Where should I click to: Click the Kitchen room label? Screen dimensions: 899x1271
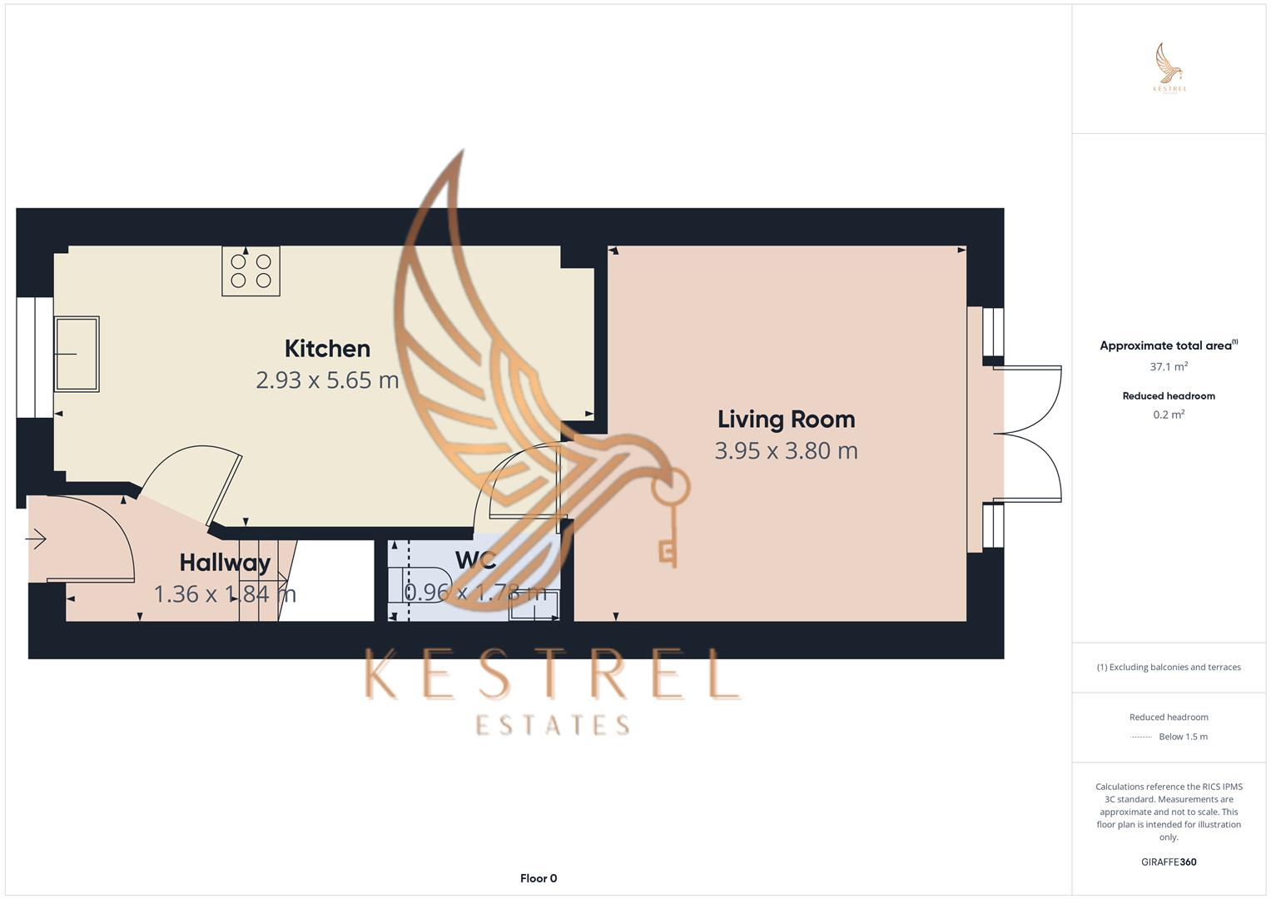pyautogui.click(x=327, y=349)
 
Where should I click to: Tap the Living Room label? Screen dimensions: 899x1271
pyautogui.click(x=786, y=420)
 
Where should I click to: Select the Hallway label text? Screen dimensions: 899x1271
pyautogui.click(x=225, y=563)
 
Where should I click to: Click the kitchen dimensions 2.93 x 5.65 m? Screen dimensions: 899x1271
pyautogui.click(x=327, y=380)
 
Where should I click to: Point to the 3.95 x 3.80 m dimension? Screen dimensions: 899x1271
pyautogui.click(x=786, y=450)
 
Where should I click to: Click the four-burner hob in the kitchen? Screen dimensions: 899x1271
pyautogui.click(x=251, y=271)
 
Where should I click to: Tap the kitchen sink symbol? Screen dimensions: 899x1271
pyautogui.click(x=76, y=354)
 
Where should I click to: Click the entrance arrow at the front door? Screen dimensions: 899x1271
pyautogui.click(x=37, y=540)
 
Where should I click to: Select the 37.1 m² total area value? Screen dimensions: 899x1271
pyautogui.click(x=1169, y=366)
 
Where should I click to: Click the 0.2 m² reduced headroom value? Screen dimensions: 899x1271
pyautogui.click(x=1169, y=415)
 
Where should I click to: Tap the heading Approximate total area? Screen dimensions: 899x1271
pyautogui.click(x=1165, y=345)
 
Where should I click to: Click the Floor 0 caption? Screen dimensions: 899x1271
pyautogui.click(x=539, y=878)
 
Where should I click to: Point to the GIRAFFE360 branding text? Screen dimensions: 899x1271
pyautogui.click(x=1169, y=862)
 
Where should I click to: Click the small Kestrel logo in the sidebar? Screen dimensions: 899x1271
pyautogui.click(x=1169, y=67)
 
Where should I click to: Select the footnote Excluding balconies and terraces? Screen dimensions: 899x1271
pyautogui.click(x=1169, y=667)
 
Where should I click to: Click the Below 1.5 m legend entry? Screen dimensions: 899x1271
pyautogui.click(x=1183, y=737)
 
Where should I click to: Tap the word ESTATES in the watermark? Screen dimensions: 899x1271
pyautogui.click(x=553, y=725)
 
